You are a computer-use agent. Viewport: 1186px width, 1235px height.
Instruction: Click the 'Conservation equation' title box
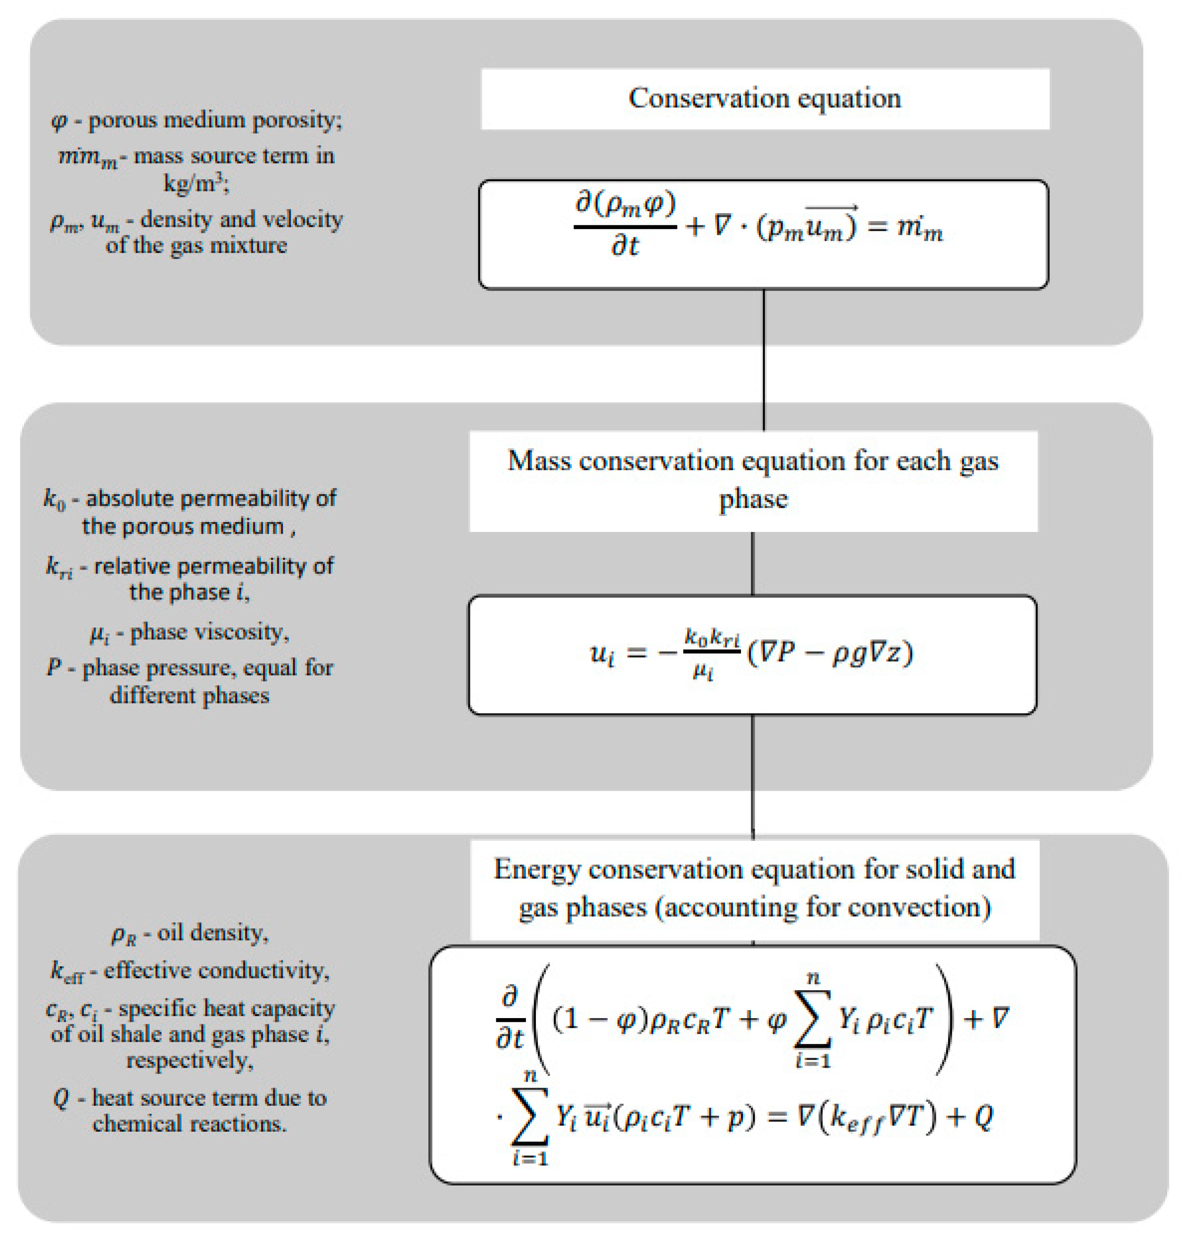coord(765,99)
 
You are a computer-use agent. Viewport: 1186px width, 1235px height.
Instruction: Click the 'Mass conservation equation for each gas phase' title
coord(753,480)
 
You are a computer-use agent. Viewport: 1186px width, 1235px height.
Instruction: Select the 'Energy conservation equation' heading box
coord(754,888)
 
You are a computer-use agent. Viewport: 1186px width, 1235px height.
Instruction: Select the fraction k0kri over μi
coord(712,653)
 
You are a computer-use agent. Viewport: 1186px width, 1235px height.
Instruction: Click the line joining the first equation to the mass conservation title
coord(764,359)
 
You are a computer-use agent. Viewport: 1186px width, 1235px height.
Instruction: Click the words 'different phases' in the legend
coord(189,696)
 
